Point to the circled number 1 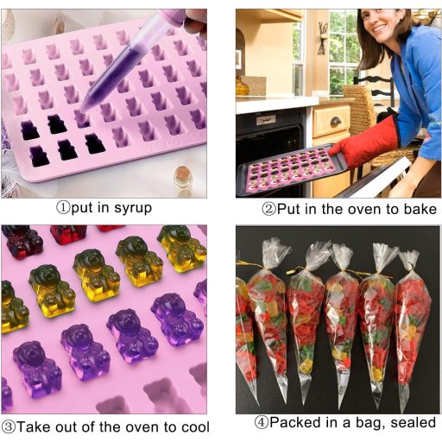click(x=63, y=207)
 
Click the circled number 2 click(x=269, y=209)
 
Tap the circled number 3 click(x=9, y=426)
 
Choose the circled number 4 click(x=262, y=422)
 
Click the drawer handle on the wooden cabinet click(x=336, y=122)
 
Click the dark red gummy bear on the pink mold click(x=68, y=234)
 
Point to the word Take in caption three click(x=35, y=427)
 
